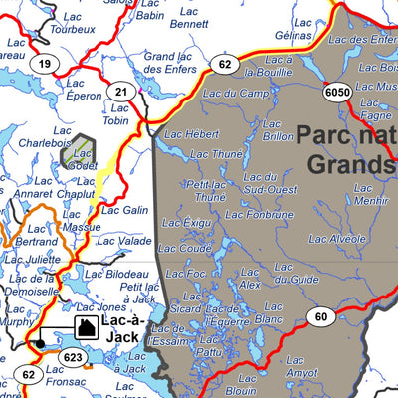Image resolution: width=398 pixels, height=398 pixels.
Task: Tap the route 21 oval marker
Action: tap(121, 93)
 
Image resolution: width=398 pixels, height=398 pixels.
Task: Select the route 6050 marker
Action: tap(338, 92)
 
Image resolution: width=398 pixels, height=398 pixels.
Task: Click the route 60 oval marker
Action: tap(318, 317)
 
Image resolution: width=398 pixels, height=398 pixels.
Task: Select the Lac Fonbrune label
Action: tap(259, 214)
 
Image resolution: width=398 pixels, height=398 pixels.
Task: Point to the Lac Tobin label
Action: tap(116, 114)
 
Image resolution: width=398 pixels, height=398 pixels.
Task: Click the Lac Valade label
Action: tap(128, 241)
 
